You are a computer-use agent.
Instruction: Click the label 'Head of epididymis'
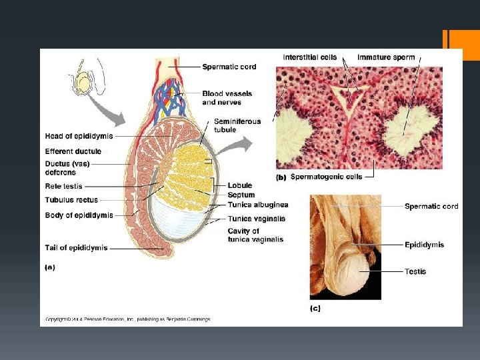pyautogui.click(x=79, y=137)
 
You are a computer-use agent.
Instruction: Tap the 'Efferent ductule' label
pyautogui.click(x=73, y=151)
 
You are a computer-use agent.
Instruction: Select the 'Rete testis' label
pyautogui.click(x=64, y=186)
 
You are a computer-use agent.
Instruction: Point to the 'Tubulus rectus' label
pyautogui.click(x=71, y=199)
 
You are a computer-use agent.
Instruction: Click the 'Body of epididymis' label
pyautogui.click(x=79, y=215)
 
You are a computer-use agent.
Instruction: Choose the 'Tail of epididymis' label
pyautogui.click(x=76, y=248)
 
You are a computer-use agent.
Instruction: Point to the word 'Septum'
pyautogui.click(x=241, y=195)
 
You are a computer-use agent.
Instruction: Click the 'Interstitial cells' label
pyautogui.click(x=310, y=57)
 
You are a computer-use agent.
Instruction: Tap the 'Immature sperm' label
pyautogui.click(x=386, y=57)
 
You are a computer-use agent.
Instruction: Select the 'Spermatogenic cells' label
pyautogui.click(x=327, y=177)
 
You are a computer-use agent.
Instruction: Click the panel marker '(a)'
pyautogui.click(x=50, y=267)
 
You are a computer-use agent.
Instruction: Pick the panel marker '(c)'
pyautogui.click(x=315, y=308)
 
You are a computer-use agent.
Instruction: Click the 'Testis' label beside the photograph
pyautogui.click(x=415, y=271)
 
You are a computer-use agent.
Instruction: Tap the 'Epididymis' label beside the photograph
pyautogui.click(x=424, y=245)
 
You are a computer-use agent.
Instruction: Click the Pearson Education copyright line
pyautogui.click(x=127, y=319)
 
